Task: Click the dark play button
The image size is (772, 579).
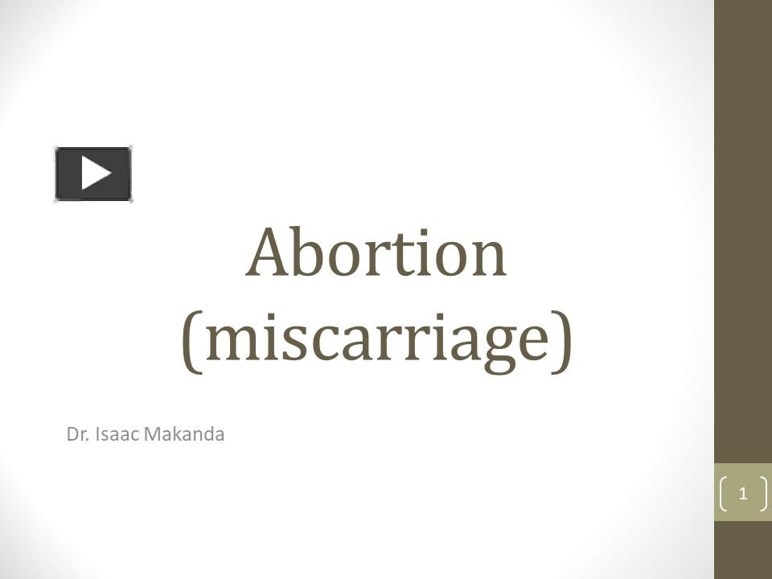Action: pos(93,174)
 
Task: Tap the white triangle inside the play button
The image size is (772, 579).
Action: pos(96,173)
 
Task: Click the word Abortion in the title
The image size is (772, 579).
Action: pos(376,253)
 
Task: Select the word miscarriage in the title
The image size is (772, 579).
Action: pos(376,338)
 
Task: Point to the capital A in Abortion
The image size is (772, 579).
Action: pos(272,253)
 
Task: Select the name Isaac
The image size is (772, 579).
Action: pos(116,435)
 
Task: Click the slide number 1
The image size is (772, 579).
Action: pos(742,493)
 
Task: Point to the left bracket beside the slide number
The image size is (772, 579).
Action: pos(724,493)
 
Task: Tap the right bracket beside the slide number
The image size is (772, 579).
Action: pos(762,493)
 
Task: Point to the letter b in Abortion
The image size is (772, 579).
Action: pos(314,253)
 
